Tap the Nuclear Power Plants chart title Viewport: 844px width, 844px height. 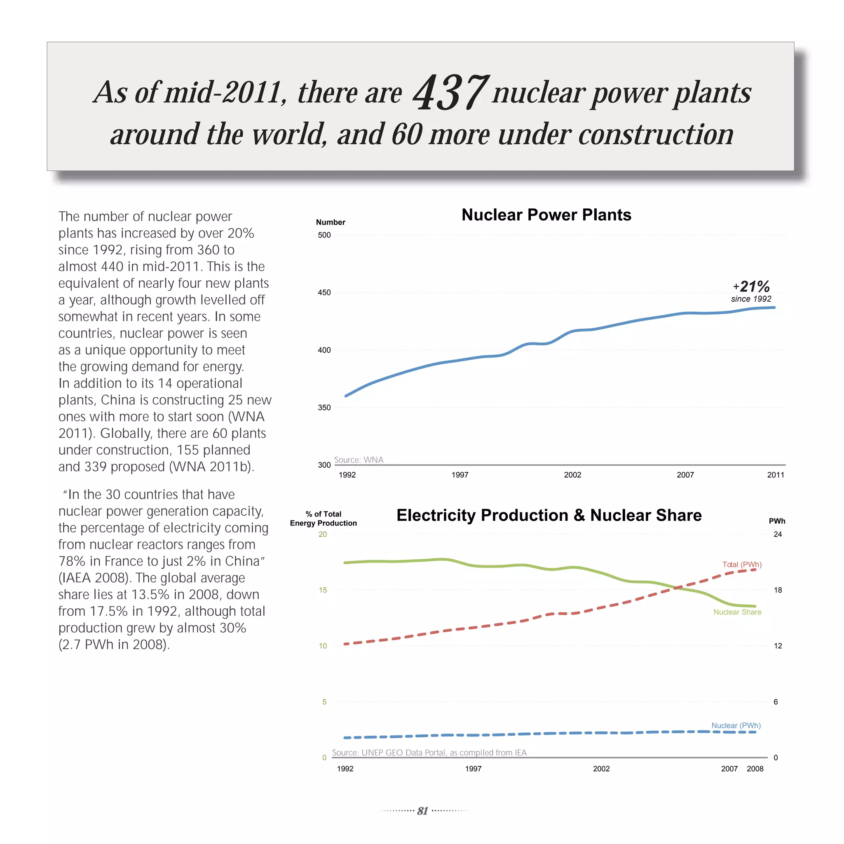(x=546, y=215)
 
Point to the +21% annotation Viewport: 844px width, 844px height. (x=751, y=287)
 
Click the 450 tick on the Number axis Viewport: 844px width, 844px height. (x=324, y=293)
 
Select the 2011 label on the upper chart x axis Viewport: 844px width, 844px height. (x=776, y=475)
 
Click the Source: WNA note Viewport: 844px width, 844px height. (x=359, y=460)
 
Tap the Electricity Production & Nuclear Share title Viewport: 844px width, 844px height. (x=549, y=516)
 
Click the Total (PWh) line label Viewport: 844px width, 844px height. (x=742, y=565)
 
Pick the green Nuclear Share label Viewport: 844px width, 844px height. (x=737, y=612)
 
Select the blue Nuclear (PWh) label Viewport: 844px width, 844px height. (x=736, y=726)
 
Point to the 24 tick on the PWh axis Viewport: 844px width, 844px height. (x=778, y=534)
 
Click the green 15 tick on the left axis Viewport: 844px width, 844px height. (x=323, y=590)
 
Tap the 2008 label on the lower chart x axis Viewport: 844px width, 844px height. (x=755, y=769)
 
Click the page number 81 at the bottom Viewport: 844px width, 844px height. (x=422, y=811)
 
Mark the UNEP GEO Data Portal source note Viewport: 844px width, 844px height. (x=429, y=753)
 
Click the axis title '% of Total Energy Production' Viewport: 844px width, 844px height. (x=323, y=518)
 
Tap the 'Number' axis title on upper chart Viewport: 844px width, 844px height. (x=330, y=223)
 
